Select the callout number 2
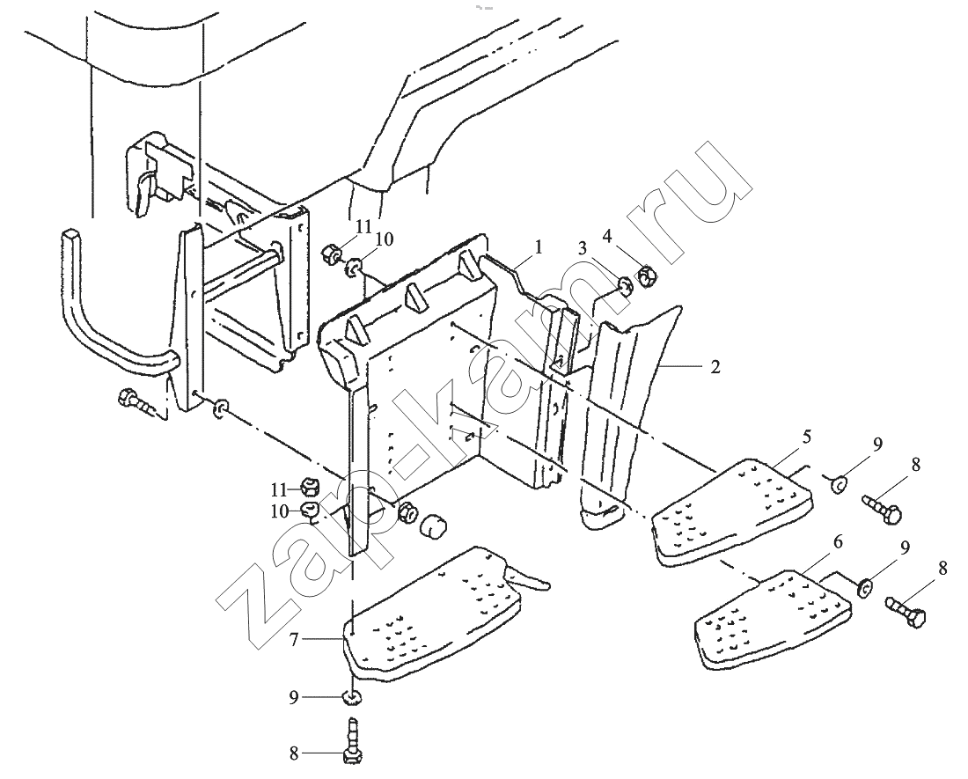(715, 366)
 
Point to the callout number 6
(837, 542)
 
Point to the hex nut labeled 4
(646, 276)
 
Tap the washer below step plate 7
(352, 698)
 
